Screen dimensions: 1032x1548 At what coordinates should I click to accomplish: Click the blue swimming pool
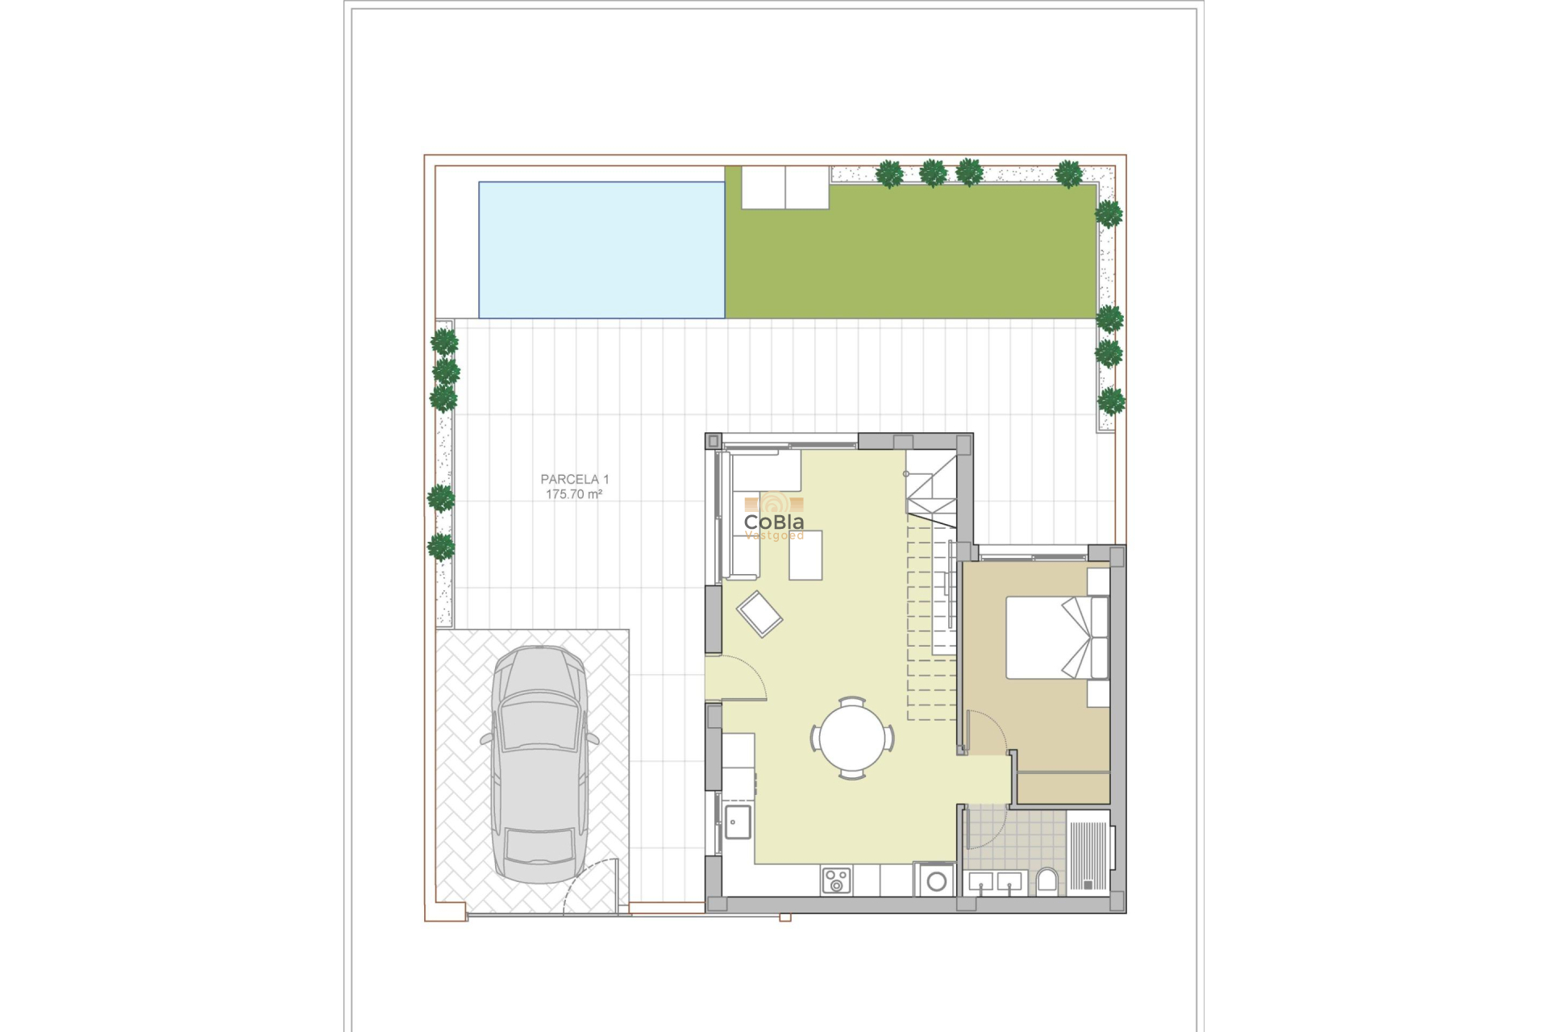pos(601,250)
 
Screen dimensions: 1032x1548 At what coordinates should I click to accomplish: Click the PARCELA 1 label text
pos(575,479)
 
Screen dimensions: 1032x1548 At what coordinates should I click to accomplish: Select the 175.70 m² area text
pos(574,494)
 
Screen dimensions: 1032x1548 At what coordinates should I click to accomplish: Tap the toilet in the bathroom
pos(1047,880)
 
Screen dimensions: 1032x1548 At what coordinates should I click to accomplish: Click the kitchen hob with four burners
pos(836,880)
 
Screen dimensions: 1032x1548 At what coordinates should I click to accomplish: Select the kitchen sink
pos(737,822)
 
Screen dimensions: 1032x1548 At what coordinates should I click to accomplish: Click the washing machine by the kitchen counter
pos(936,880)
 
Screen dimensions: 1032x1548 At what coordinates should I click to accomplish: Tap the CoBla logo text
pos(773,522)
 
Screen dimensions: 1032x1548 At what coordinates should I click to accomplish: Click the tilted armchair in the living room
pos(759,614)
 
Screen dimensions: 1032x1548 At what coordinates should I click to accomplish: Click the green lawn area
pos(911,258)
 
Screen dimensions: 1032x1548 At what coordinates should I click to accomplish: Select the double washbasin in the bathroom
pos(996,883)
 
